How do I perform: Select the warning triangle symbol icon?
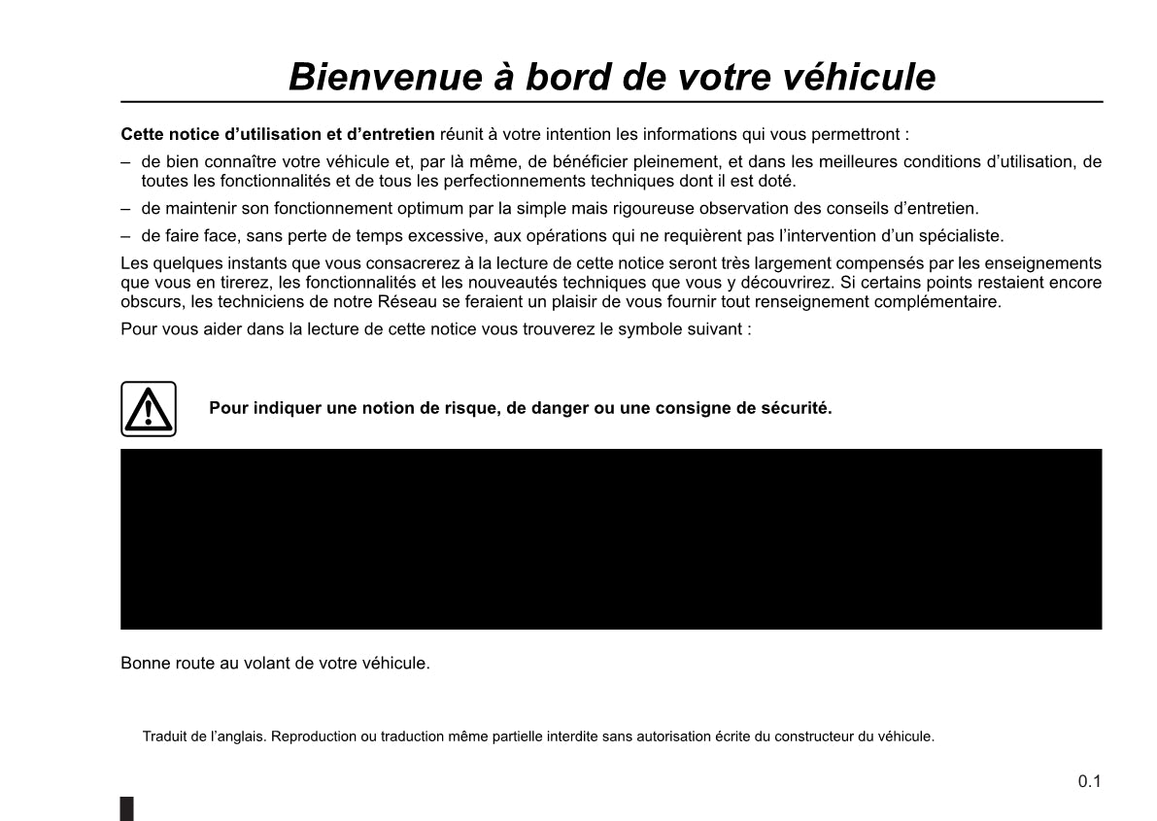coord(148,409)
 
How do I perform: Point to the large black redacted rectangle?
coord(611,539)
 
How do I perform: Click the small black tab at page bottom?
coord(127,809)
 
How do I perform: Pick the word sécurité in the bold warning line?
coord(800,408)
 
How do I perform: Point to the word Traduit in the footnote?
coord(163,736)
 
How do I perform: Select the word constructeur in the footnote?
coord(818,736)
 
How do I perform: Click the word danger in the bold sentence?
coord(547,408)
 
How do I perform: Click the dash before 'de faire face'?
coord(125,235)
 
